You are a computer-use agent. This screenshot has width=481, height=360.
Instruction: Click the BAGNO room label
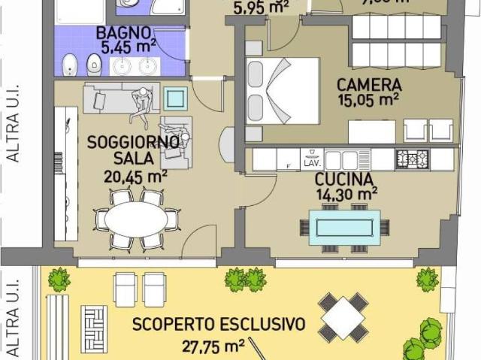pos(123,34)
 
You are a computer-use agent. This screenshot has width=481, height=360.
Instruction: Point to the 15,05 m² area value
pos(368,98)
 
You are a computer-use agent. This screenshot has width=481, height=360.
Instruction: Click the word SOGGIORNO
pos(133,141)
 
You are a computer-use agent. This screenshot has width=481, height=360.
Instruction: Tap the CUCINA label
pos(344,180)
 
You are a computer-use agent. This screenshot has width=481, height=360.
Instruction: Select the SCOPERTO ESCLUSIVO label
pos(219,325)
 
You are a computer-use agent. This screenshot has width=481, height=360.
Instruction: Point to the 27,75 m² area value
pos(213,346)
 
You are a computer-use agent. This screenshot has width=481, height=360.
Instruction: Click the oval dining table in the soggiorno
pos(138,220)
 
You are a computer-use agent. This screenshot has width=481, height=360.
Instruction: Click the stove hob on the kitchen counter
pos(412,159)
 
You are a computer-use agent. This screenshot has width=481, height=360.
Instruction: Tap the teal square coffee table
pos(176,98)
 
